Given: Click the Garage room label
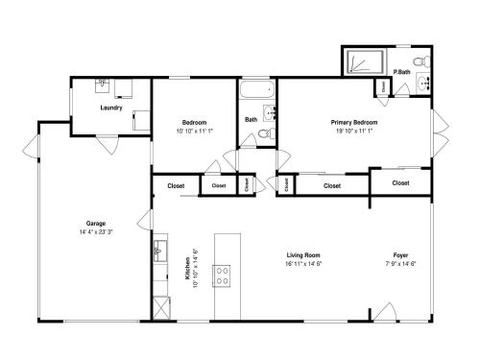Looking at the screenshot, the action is click(x=96, y=224).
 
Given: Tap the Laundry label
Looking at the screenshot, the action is click(x=111, y=108).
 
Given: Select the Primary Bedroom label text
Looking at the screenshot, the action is click(x=354, y=122).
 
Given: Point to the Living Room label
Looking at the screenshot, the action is click(x=303, y=255).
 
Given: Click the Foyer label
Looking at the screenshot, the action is click(x=400, y=255).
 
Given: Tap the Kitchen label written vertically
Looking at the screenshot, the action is click(x=187, y=269).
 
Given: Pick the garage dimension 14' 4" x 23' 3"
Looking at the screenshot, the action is click(x=96, y=232).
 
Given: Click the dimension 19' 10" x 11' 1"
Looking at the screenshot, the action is click(x=354, y=131).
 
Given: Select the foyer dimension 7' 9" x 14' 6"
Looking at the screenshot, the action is click(x=400, y=264).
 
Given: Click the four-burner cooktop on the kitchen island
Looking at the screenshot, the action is click(x=222, y=276).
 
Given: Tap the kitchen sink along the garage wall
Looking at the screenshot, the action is click(x=160, y=252).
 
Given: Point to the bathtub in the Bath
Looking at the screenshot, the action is click(x=257, y=89).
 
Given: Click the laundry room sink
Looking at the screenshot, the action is click(x=102, y=85).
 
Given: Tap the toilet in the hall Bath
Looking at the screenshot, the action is click(x=266, y=133).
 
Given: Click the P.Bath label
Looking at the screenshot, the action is click(x=401, y=72).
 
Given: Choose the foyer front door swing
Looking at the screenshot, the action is click(x=385, y=311).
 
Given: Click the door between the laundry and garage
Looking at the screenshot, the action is click(x=108, y=145).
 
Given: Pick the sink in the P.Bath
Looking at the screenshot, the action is click(x=424, y=84).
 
